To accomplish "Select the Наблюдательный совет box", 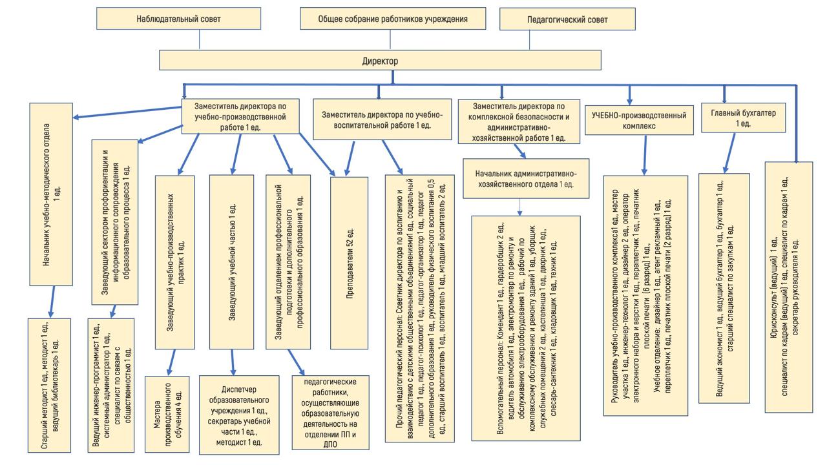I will pos(178,19).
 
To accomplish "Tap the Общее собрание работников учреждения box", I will pos(393,19).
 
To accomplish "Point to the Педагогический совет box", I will pos(571,19).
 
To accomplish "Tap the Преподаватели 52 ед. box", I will pos(350,262).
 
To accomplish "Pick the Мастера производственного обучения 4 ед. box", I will pos(170,411).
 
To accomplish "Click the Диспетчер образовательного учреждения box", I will pos(240,413).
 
